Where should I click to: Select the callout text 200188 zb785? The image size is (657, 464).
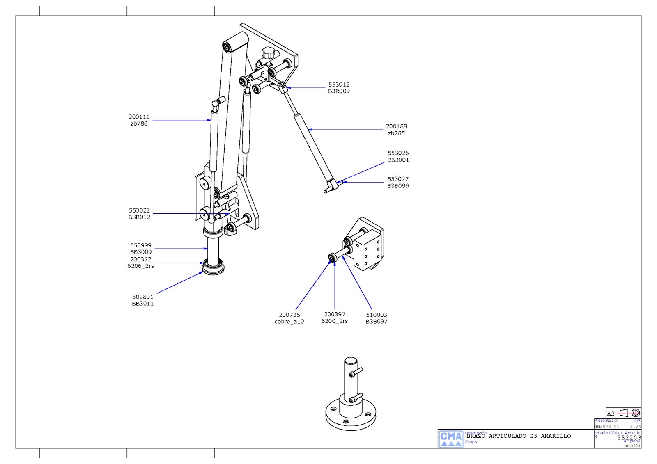click(396, 130)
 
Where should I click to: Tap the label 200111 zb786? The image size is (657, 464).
click(139, 120)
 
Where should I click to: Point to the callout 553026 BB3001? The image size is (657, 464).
click(398, 156)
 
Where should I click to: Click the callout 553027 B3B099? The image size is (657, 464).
click(398, 182)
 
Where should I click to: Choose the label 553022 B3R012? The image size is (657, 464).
click(139, 214)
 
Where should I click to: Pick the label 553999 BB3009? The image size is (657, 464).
click(141, 249)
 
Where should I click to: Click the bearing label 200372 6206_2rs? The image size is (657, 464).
click(140, 263)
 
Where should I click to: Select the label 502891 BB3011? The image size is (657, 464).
click(142, 300)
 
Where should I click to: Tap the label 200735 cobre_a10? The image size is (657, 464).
click(289, 318)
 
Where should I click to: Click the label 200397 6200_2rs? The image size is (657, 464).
click(334, 318)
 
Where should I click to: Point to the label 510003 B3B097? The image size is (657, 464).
click(376, 318)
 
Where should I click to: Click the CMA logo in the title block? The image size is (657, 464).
click(451, 439)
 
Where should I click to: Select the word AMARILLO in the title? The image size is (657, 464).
click(556, 436)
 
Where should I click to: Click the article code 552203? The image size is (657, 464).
click(629, 437)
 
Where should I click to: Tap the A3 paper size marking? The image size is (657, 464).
click(611, 414)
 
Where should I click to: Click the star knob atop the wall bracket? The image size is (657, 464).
click(269, 53)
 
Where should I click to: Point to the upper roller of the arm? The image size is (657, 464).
click(235, 42)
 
